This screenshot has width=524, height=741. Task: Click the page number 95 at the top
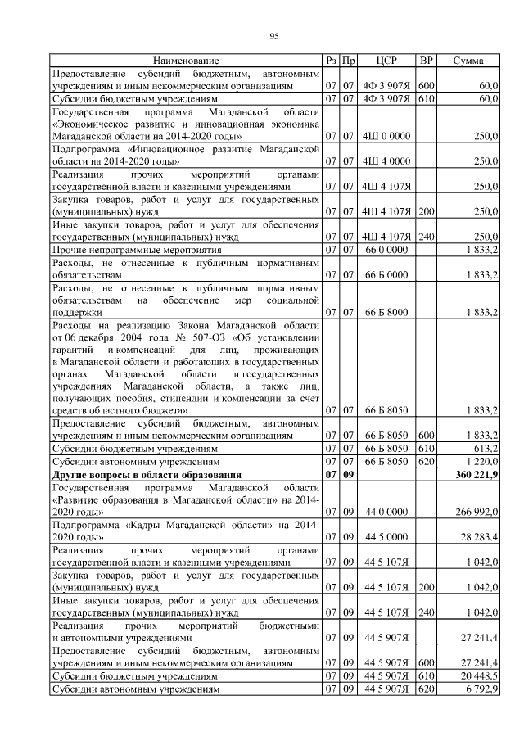[274, 35]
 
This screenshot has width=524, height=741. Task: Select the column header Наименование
[186, 61]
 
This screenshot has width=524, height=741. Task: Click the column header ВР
[426, 61]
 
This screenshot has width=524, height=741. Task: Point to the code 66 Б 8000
[386, 312]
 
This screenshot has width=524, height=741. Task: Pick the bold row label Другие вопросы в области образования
[158, 475]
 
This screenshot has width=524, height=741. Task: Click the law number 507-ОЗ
[195, 337]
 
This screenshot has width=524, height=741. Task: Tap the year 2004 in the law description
[134, 337]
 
